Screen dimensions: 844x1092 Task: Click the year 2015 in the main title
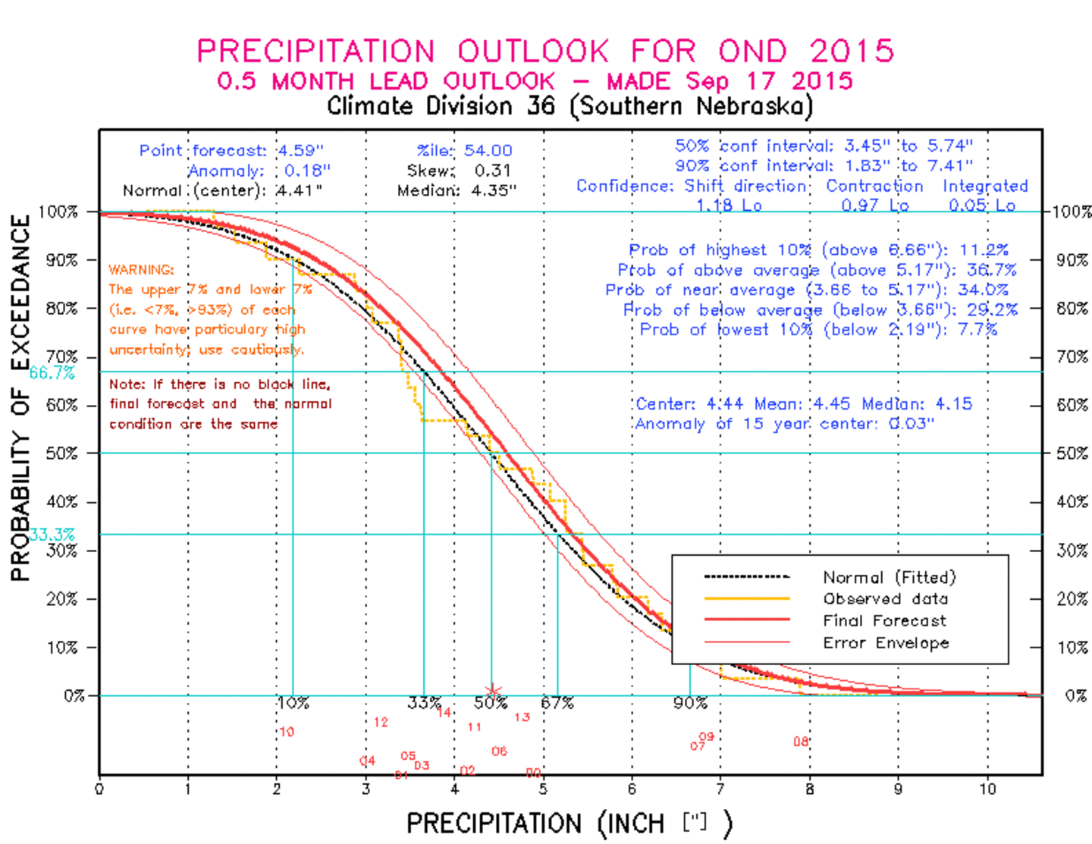(851, 52)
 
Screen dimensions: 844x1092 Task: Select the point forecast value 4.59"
(300, 150)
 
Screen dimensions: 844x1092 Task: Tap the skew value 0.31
(492, 171)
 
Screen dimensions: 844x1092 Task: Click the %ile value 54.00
(488, 150)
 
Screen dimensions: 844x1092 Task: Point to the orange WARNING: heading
(141, 270)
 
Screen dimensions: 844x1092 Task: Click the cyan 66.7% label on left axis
(52, 372)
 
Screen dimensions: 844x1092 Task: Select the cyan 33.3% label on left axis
(52, 535)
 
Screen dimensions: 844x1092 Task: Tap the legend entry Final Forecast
(884, 621)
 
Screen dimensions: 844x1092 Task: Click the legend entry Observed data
(885, 599)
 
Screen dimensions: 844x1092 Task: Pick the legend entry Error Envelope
(886, 643)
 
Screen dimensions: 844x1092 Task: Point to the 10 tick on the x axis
(987, 789)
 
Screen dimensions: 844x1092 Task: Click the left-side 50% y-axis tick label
(61, 453)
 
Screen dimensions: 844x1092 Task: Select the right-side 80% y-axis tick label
(1072, 309)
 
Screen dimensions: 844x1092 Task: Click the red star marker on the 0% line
(493, 692)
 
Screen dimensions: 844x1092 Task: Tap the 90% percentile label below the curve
(689, 703)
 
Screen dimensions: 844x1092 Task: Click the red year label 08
(801, 741)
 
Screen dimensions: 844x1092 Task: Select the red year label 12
(381, 722)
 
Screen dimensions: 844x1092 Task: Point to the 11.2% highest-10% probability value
(984, 249)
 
